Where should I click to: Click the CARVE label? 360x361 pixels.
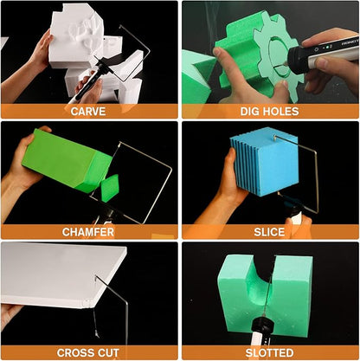coord(88,112)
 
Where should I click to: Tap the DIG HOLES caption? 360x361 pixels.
coord(269,112)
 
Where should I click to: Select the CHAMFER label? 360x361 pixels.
coord(88,232)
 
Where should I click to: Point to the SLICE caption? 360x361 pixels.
coord(269,232)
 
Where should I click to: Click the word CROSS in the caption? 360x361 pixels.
coord(74,352)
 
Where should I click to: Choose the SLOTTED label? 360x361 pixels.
coord(269,352)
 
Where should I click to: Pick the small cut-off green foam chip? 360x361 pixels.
coord(110,188)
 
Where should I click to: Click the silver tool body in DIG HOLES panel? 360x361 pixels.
coord(335,48)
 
